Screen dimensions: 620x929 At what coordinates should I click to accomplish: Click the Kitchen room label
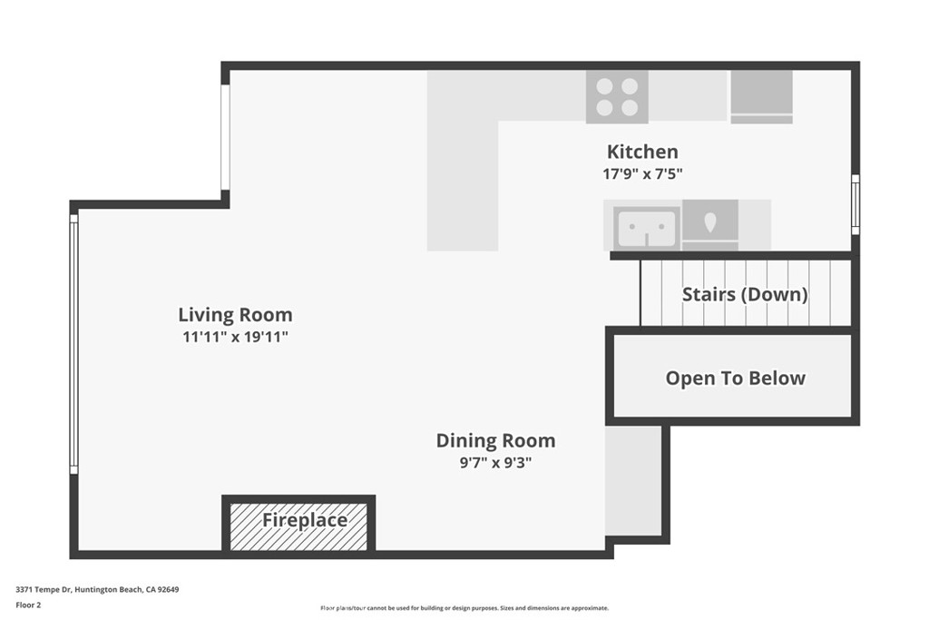(x=641, y=152)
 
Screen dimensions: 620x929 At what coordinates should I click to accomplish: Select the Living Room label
(x=235, y=315)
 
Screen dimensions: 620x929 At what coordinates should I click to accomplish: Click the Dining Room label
(x=495, y=440)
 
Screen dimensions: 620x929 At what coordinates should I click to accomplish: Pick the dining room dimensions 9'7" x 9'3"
(x=495, y=462)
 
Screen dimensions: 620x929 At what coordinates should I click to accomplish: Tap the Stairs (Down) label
(x=744, y=294)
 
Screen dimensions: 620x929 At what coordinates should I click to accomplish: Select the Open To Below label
(x=735, y=378)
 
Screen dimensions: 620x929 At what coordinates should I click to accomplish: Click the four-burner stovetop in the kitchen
(x=617, y=96)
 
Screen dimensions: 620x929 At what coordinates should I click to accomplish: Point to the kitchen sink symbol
(x=646, y=227)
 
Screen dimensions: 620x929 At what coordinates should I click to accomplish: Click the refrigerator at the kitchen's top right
(x=762, y=96)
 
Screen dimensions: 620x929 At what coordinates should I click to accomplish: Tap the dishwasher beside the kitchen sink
(x=709, y=225)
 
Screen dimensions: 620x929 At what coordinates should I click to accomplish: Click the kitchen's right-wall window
(x=855, y=204)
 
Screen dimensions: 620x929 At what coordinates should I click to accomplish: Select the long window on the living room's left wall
(x=74, y=343)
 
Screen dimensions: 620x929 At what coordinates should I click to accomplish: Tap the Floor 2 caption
(x=28, y=605)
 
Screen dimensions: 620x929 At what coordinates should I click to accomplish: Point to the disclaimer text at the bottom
(x=464, y=608)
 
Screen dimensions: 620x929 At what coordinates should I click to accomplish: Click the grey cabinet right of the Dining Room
(x=633, y=480)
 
